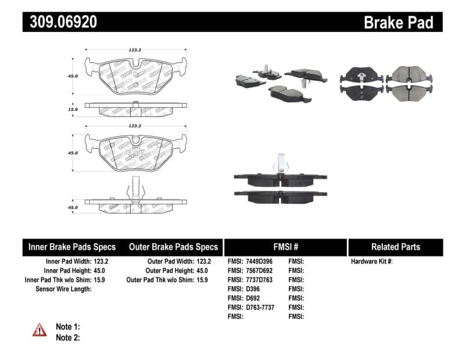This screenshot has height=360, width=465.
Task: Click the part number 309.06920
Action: [x=60, y=22]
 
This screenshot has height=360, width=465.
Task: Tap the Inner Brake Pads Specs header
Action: [x=72, y=247]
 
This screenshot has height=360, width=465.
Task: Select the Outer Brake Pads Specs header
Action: [x=173, y=247]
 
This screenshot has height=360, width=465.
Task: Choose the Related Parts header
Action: [x=395, y=247]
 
